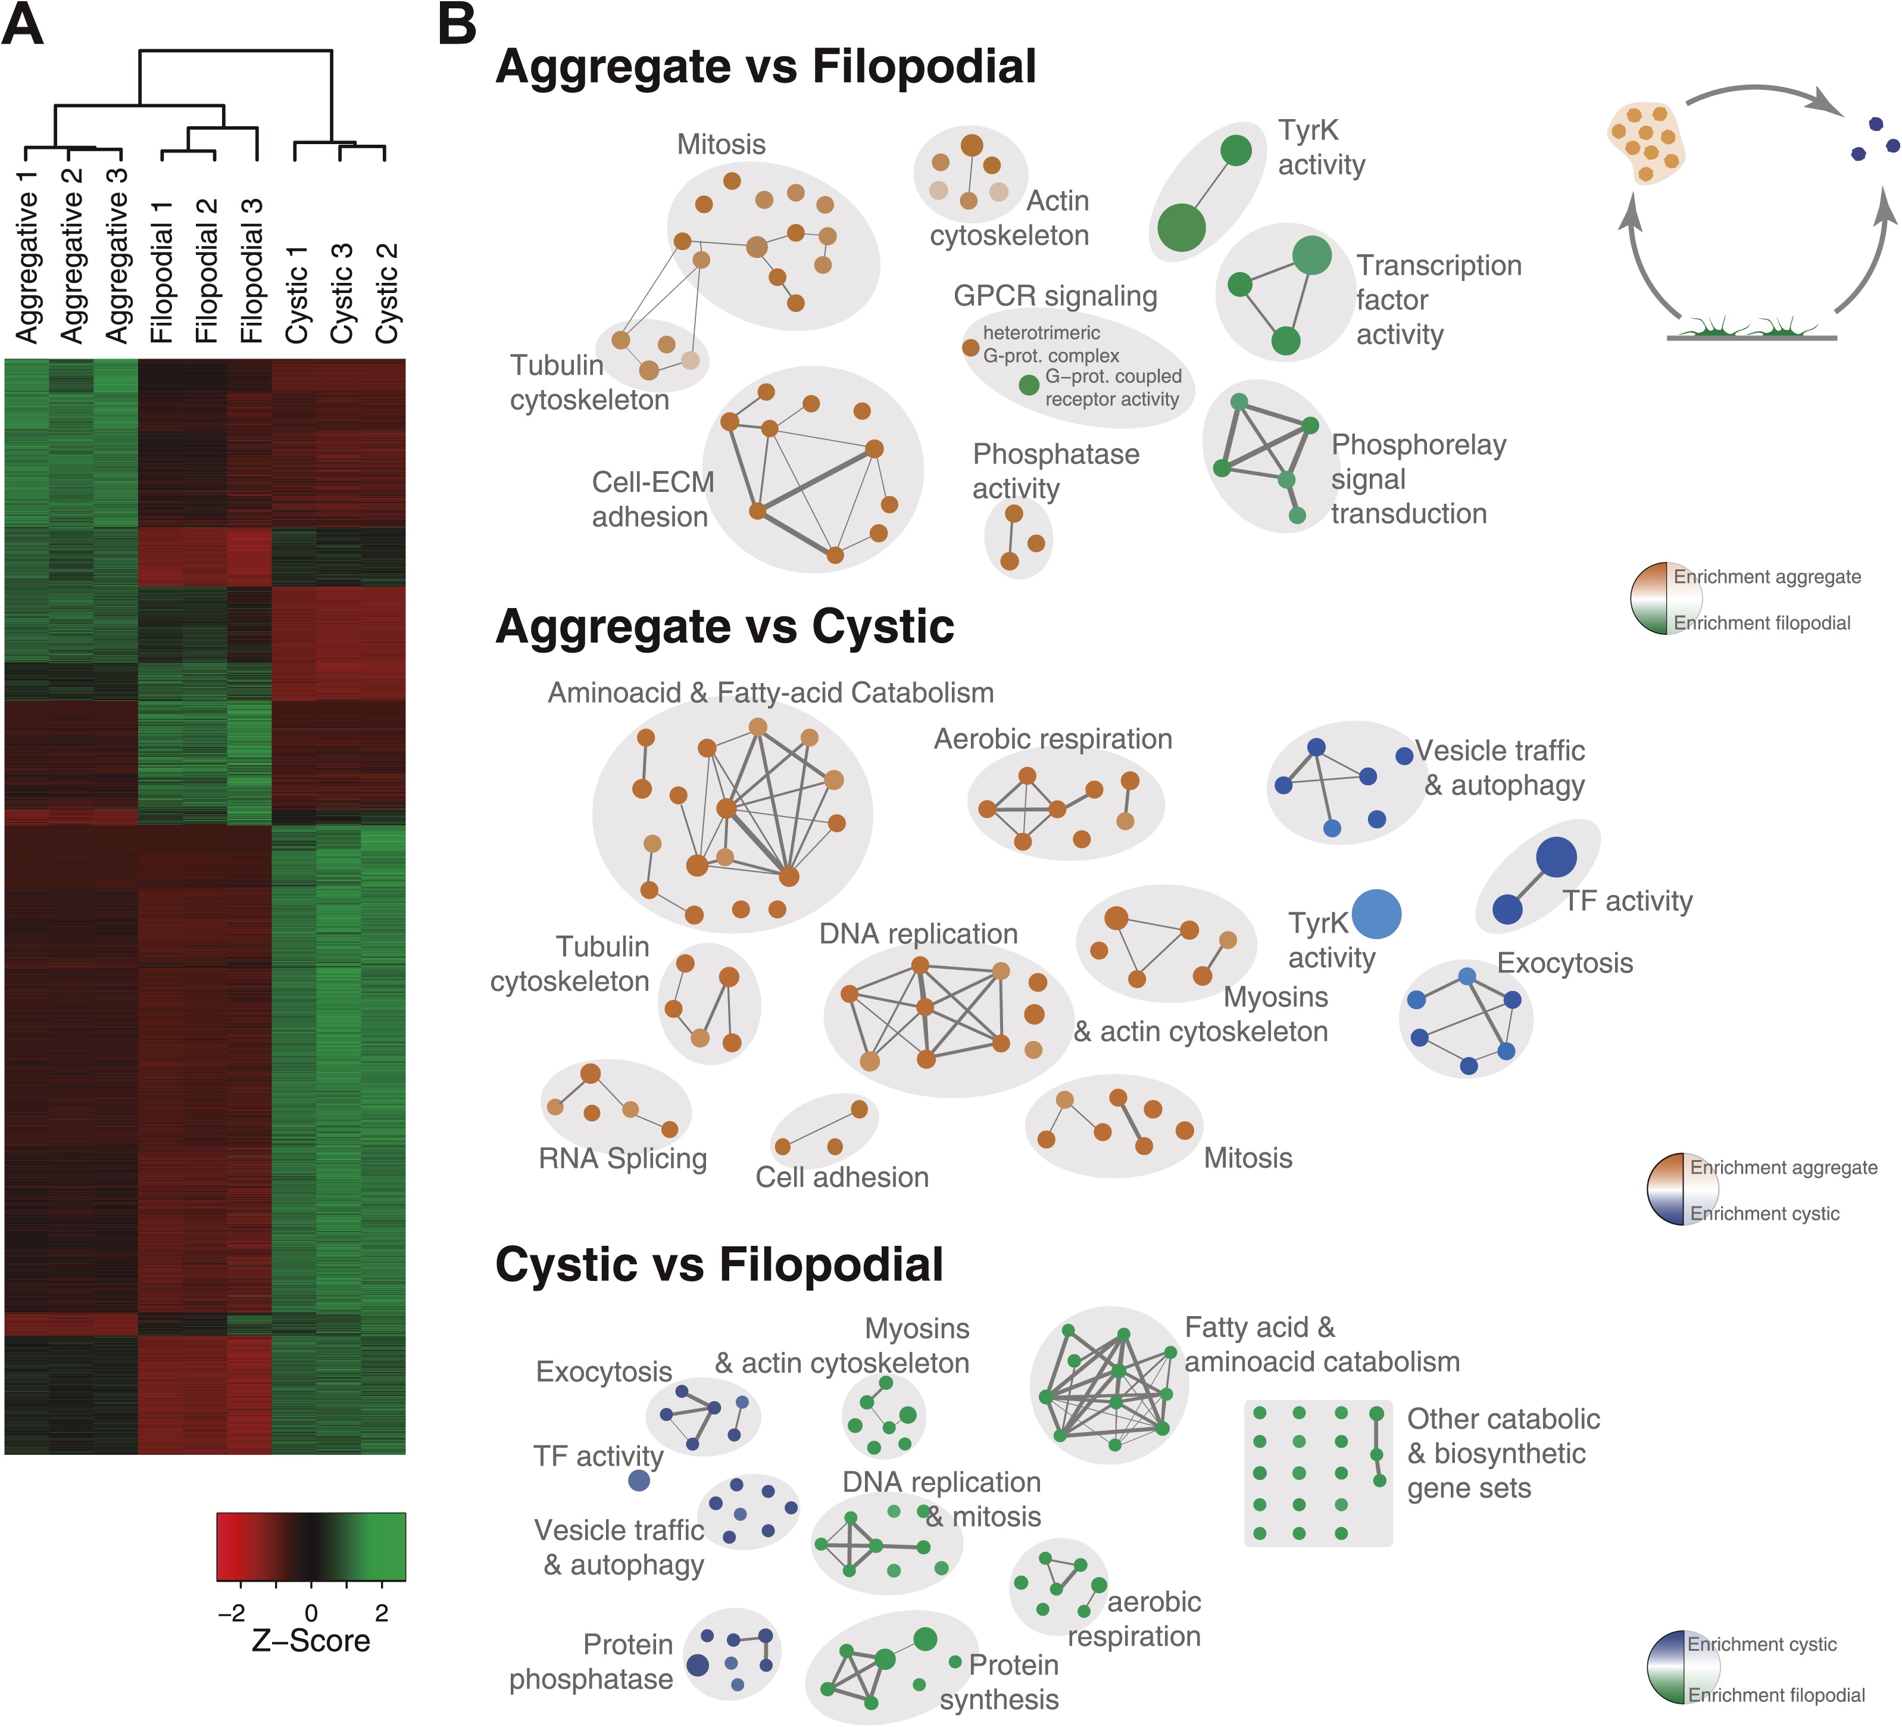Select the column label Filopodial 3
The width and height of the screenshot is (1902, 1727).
252,271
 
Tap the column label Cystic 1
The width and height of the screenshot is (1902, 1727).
297,294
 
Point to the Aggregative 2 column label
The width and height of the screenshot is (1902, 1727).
71,255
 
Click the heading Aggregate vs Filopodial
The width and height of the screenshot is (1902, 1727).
765,67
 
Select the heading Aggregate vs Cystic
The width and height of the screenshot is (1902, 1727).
724,626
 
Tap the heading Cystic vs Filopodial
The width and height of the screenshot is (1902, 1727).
719,1264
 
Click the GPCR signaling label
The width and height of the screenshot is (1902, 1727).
1055,297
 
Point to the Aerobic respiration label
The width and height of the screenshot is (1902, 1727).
1053,739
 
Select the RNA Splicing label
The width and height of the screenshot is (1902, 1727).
623,1158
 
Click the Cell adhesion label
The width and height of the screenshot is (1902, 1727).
842,1177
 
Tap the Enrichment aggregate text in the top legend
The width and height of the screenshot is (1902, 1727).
1766,576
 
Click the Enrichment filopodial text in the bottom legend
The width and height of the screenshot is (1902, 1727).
1776,1695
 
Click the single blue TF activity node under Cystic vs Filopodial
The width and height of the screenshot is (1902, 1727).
639,1480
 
